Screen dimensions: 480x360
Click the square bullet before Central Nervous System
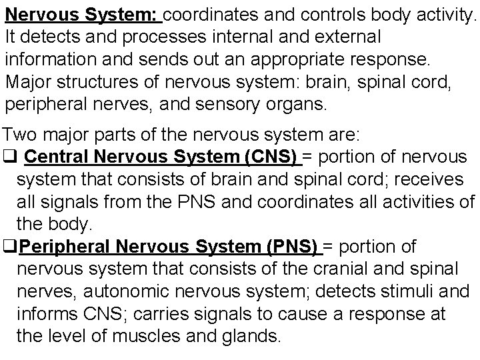[11, 159]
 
